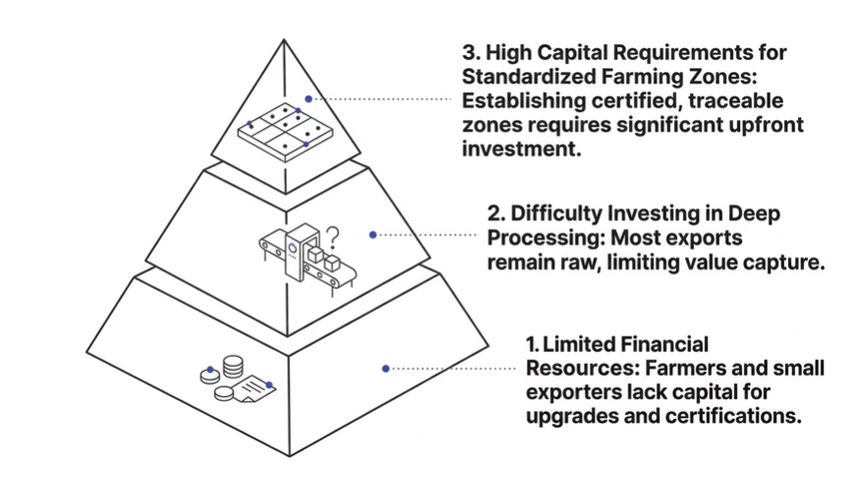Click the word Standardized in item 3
coord(518,75)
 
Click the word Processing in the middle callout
coord(535,239)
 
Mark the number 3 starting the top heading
coord(468,50)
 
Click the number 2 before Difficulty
coord(494,213)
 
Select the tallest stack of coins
coord(234,366)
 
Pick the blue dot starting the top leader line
coord(308,98)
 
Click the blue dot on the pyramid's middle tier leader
coord(372,234)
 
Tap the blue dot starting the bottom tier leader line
coord(386,368)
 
